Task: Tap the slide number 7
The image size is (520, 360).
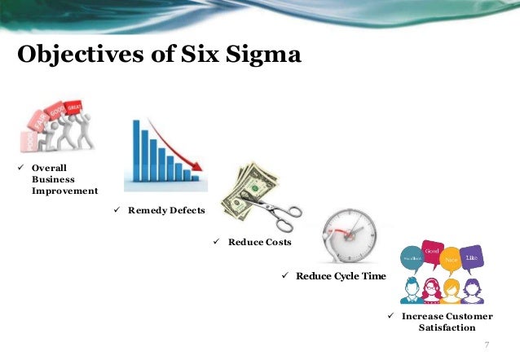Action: pos(487,345)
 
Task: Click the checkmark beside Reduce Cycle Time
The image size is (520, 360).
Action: pos(286,276)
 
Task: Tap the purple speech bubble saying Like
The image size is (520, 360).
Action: pos(470,258)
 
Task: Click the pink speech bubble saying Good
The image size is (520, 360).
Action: pos(433,252)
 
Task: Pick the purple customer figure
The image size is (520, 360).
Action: pos(472,289)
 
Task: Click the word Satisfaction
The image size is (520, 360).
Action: pos(447,327)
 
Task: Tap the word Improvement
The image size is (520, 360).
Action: pos(65,191)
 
